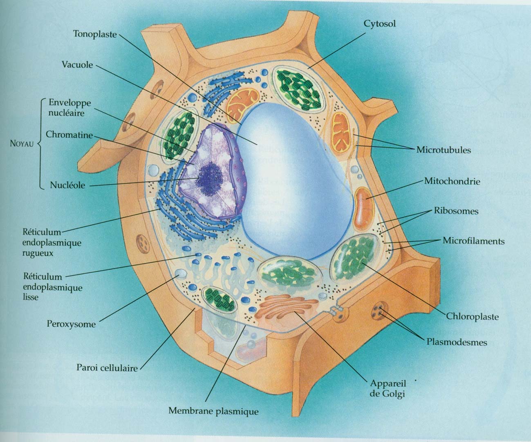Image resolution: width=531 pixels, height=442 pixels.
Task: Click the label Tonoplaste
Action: (95, 34)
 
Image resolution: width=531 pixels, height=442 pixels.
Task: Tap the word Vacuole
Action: (77, 65)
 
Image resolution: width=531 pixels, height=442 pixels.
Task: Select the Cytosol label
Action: (380, 24)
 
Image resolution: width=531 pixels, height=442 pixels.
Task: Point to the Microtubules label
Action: (443, 150)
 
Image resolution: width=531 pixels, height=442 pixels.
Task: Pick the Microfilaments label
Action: (473, 241)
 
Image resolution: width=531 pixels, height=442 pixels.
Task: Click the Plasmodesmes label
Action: (457, 342)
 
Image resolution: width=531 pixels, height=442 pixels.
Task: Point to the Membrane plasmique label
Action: (213, 411)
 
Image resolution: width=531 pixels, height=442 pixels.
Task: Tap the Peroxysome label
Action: (71, 324)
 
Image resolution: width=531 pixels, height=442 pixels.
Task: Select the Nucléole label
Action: (67, 185)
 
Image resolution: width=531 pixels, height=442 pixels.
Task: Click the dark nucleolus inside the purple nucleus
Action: (211, 179)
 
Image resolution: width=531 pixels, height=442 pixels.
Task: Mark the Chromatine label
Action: (69, 134)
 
